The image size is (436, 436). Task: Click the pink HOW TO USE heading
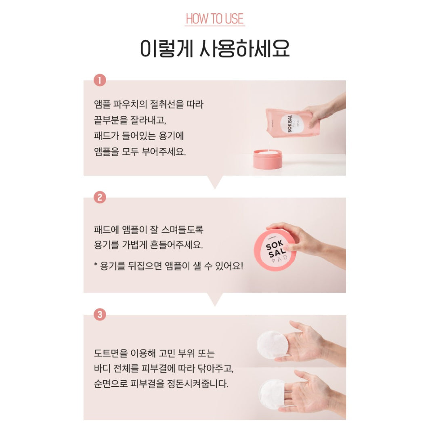(x=215, y=19)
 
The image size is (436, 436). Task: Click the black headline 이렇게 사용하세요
(x=215, y=48)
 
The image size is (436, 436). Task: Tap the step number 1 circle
(x=100, y=80)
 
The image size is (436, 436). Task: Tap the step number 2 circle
(x=100, y=197)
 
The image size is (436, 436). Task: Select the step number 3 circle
(x=100, y=314)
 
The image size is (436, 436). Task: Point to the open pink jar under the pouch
(x=268, y=159)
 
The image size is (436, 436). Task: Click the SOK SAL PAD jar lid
(x=275, y=250)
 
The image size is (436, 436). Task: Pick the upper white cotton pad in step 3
(x=272, y=345)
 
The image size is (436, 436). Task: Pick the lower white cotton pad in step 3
(x=272, y=394)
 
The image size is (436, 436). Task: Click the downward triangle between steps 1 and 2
(x=215, y=182)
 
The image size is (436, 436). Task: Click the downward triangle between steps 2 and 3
(x=215, y=299)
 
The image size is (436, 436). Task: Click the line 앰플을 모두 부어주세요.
(x=140, y=151)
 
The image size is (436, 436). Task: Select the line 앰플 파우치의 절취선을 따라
(x=149, y=104)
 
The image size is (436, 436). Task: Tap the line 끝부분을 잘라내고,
(x=130, y=120)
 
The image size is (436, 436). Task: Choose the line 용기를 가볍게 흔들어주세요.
(x=149, y=245)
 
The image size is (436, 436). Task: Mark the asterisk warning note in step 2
(x=169, y=266)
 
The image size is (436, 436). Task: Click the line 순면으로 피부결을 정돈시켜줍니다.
(x=161, y=384)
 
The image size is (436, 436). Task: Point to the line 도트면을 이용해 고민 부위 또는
(x=154, y=353)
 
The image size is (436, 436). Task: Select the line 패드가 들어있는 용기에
(x=139, y=136)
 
